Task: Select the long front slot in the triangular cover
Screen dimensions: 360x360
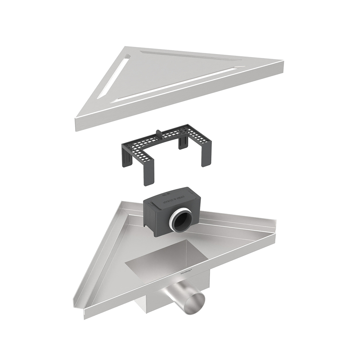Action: click(x=173, y=86)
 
